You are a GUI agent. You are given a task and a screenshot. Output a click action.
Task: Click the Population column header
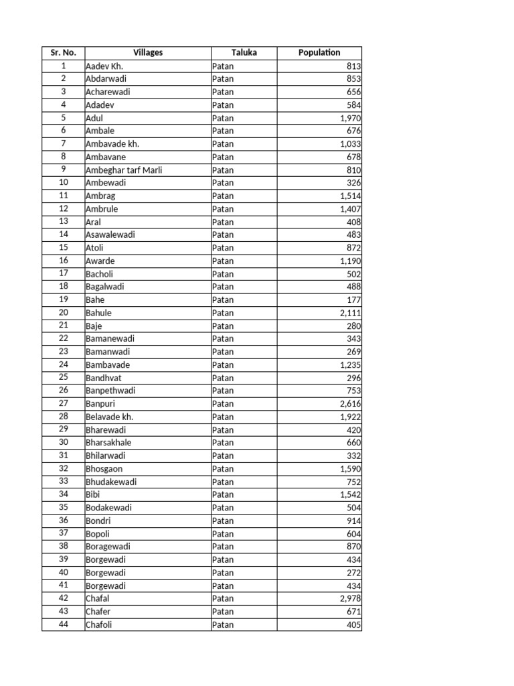pyautogui.click(x=319, y=52)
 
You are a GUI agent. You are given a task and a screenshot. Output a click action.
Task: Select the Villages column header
pyautogui.click(x=148, y=52)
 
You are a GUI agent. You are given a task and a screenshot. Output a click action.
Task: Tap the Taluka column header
pyautogui.click(x=244, y=52)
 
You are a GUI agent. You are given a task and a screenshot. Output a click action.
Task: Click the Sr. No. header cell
pyautogui.click(x=63, y=52)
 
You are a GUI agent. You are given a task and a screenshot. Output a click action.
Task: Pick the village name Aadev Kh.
pyautogui.click(x=104, y=66)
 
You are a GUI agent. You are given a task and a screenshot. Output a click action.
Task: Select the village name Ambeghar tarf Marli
pyautogui.click(x=124, y=170)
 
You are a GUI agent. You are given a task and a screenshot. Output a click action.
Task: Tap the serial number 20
pyautogui.click(x=64, y=313)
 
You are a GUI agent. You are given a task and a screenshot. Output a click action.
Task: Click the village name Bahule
pyautogui.click(x=99, y=313)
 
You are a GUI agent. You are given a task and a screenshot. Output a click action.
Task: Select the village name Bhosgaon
pyautogui.click(x=104, y=469)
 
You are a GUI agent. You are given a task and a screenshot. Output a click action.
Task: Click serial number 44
pyautogui.click(x=64, y=625)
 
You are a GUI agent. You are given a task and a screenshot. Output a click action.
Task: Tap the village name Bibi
pyautogui.click(x=93, y=494)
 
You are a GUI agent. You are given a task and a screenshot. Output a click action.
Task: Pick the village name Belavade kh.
pyautogui.click(x=110, y=417)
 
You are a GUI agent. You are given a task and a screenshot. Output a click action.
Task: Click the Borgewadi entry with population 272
pyautogui.click(x=106, y=573)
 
